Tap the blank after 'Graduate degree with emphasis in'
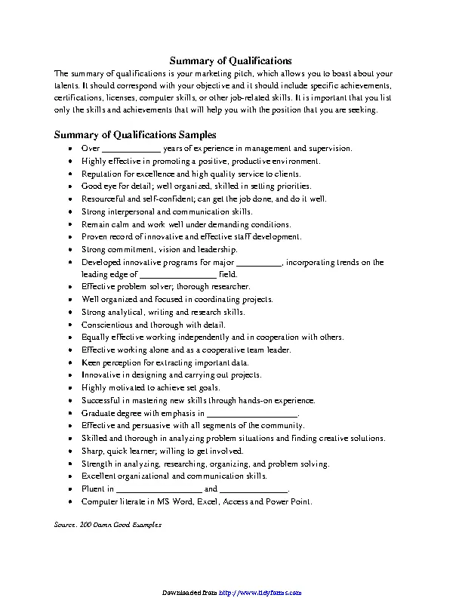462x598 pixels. tap(252, 414)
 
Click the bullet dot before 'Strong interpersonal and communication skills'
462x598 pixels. tap(70, 212)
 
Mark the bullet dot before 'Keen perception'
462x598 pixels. tap(70, 363)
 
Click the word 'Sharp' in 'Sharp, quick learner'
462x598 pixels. tap(92, 452)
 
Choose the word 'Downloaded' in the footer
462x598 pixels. tap(184, 592)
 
